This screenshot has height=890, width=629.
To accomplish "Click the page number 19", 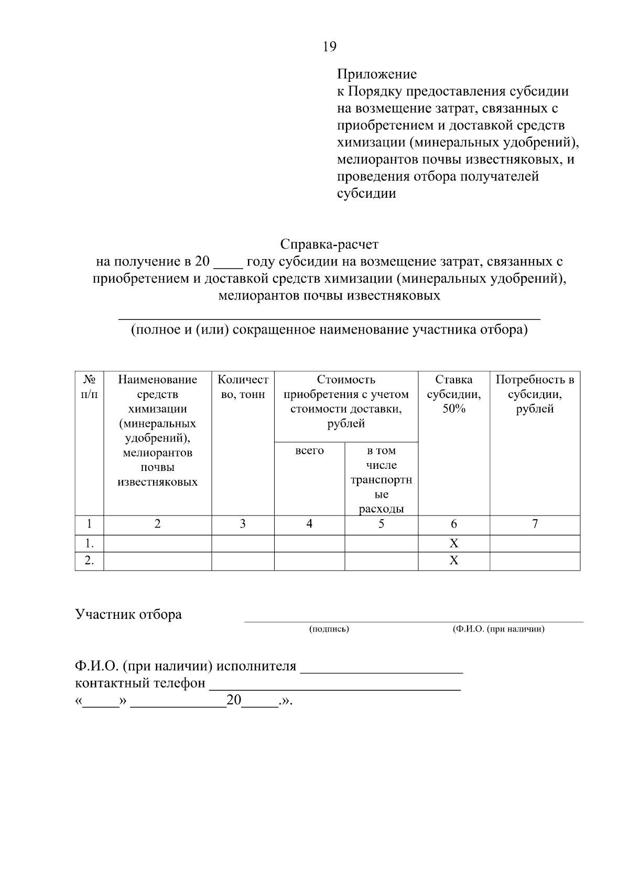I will [330, 47].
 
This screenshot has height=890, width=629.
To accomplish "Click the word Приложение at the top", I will [376, 74].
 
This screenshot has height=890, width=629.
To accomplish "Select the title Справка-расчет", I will [329, 244].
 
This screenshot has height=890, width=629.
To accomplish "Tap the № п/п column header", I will [89, 387].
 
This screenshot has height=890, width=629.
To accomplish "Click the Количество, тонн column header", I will [243, 387].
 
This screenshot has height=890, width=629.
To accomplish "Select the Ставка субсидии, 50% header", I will [454, 394].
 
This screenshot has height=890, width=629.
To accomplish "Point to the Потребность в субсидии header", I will [535, 394].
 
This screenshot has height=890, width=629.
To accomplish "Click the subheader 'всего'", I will [309, 451].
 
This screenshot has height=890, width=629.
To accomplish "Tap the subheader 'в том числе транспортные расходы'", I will [382, 479].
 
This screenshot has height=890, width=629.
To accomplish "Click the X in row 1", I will [454, 543].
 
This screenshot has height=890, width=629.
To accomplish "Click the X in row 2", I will [454, 561].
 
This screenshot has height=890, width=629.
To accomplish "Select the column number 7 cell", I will [535, 524].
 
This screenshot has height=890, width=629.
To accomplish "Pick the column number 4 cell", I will [309, 524].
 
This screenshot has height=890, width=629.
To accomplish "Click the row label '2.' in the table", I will [89, 561].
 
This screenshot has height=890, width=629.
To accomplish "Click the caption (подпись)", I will [329, 629].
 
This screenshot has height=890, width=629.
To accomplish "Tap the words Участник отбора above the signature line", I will [128, 615].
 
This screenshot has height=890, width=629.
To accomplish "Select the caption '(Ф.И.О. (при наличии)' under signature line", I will [498, 629].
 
